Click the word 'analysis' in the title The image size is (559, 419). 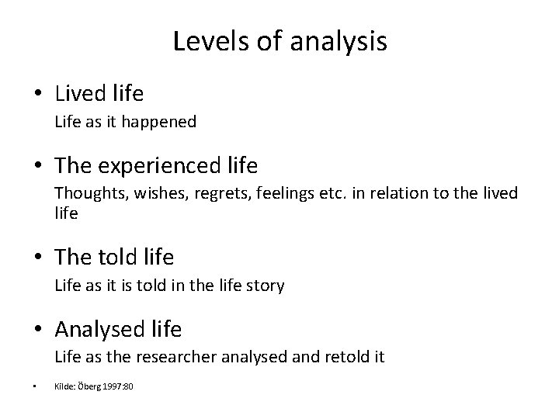pos(339,42)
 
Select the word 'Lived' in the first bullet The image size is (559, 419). pos(83,95)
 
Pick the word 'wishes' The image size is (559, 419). pos(148,192)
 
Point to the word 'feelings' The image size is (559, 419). pos(262,192)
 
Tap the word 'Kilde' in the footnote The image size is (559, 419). pos(63,386)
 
